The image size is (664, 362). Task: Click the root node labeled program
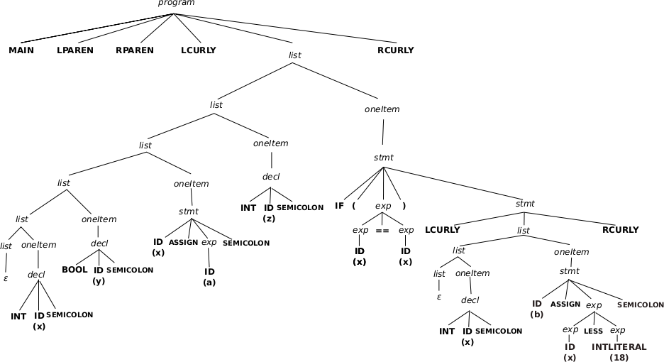click(x=176, y=4)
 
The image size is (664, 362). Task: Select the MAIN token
click(x=21, y=50)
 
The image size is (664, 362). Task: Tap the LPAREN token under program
click(x=75, y=50)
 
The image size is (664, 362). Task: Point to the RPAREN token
click(x=134, y=50)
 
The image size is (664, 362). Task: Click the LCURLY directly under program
click(x=199, y=50)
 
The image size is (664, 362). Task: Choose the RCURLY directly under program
click(x=396, y=50)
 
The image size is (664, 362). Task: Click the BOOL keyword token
click(x=74, y=270)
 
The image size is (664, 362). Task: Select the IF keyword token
click(x=340, y=207)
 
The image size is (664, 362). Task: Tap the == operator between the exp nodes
click(x=382, y=231)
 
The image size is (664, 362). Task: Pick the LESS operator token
click(x=593, y=331)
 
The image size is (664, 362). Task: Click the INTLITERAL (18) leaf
click(x=619, y=347)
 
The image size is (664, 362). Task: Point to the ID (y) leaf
click(x=99, y=270)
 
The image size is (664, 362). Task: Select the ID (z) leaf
click(x=269, y=208)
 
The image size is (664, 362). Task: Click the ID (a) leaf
click(x=209, y=272)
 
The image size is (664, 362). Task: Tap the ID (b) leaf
click(x=537, y=304)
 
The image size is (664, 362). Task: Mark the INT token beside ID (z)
click(x=248, y=208)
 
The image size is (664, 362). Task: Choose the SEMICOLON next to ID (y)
click(x=130, y=270)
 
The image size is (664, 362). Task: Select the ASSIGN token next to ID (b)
click(x=565, y=304)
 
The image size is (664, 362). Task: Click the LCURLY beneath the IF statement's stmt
click(x=443, y=230)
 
